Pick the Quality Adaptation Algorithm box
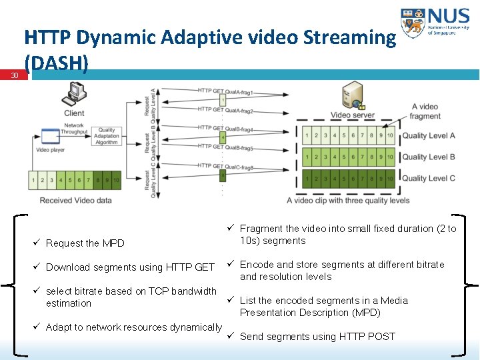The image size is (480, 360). point(106,136)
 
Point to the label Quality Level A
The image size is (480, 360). point(429,136)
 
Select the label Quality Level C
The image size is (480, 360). point(429,178)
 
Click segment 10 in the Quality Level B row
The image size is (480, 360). point(390,157)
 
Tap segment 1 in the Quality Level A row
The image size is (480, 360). point(307,136)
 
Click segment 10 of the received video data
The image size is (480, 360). point(115,180)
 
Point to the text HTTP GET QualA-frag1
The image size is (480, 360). point(225,91)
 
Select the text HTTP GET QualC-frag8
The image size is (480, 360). point(225,167)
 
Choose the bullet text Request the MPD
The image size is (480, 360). point(85,243)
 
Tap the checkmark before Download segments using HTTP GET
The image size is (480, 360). point(38,267)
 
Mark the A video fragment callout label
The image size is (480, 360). point(425,111)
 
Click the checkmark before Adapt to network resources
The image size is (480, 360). point(38,327)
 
